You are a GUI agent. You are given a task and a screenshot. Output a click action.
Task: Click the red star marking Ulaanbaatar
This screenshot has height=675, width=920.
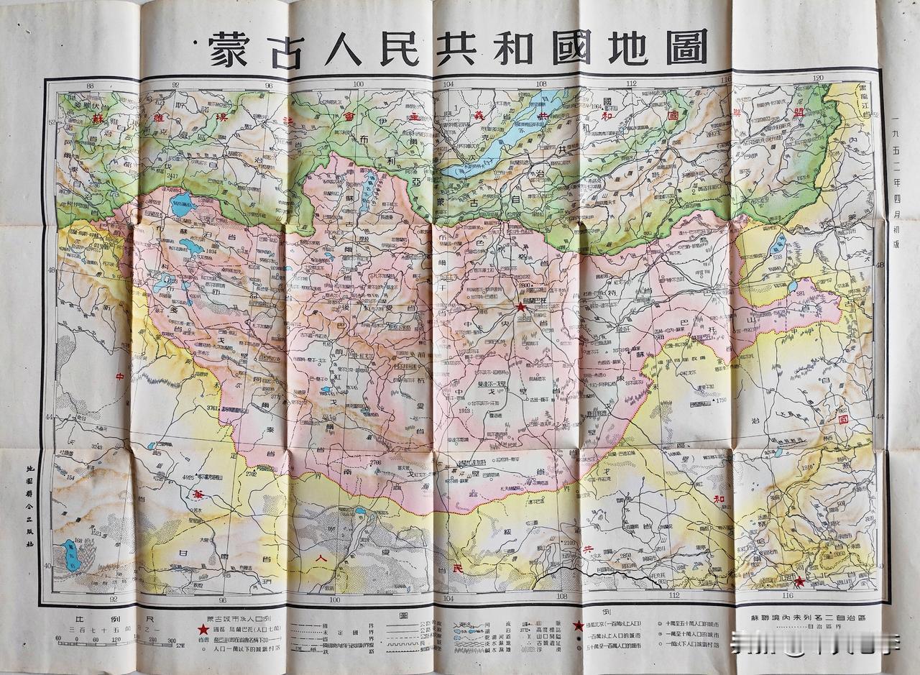[x=520, y=307]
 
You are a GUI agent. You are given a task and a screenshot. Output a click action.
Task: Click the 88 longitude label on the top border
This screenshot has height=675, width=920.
[x=89, y=86]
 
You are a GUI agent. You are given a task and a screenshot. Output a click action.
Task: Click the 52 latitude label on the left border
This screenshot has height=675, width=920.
[x=50, y=123]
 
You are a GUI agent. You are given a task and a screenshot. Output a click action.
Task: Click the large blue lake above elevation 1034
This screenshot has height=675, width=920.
[x=183, y=204]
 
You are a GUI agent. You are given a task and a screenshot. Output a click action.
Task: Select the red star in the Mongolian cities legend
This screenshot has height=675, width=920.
[x=203, y=629]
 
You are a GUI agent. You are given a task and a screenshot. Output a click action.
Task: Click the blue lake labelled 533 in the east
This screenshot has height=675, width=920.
[x=778, y=244]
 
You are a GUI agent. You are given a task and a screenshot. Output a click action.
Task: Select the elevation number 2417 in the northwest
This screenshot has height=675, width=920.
[x=171, y=175]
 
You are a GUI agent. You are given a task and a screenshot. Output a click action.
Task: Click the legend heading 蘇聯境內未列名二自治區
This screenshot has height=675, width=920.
[x=809, y=617]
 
